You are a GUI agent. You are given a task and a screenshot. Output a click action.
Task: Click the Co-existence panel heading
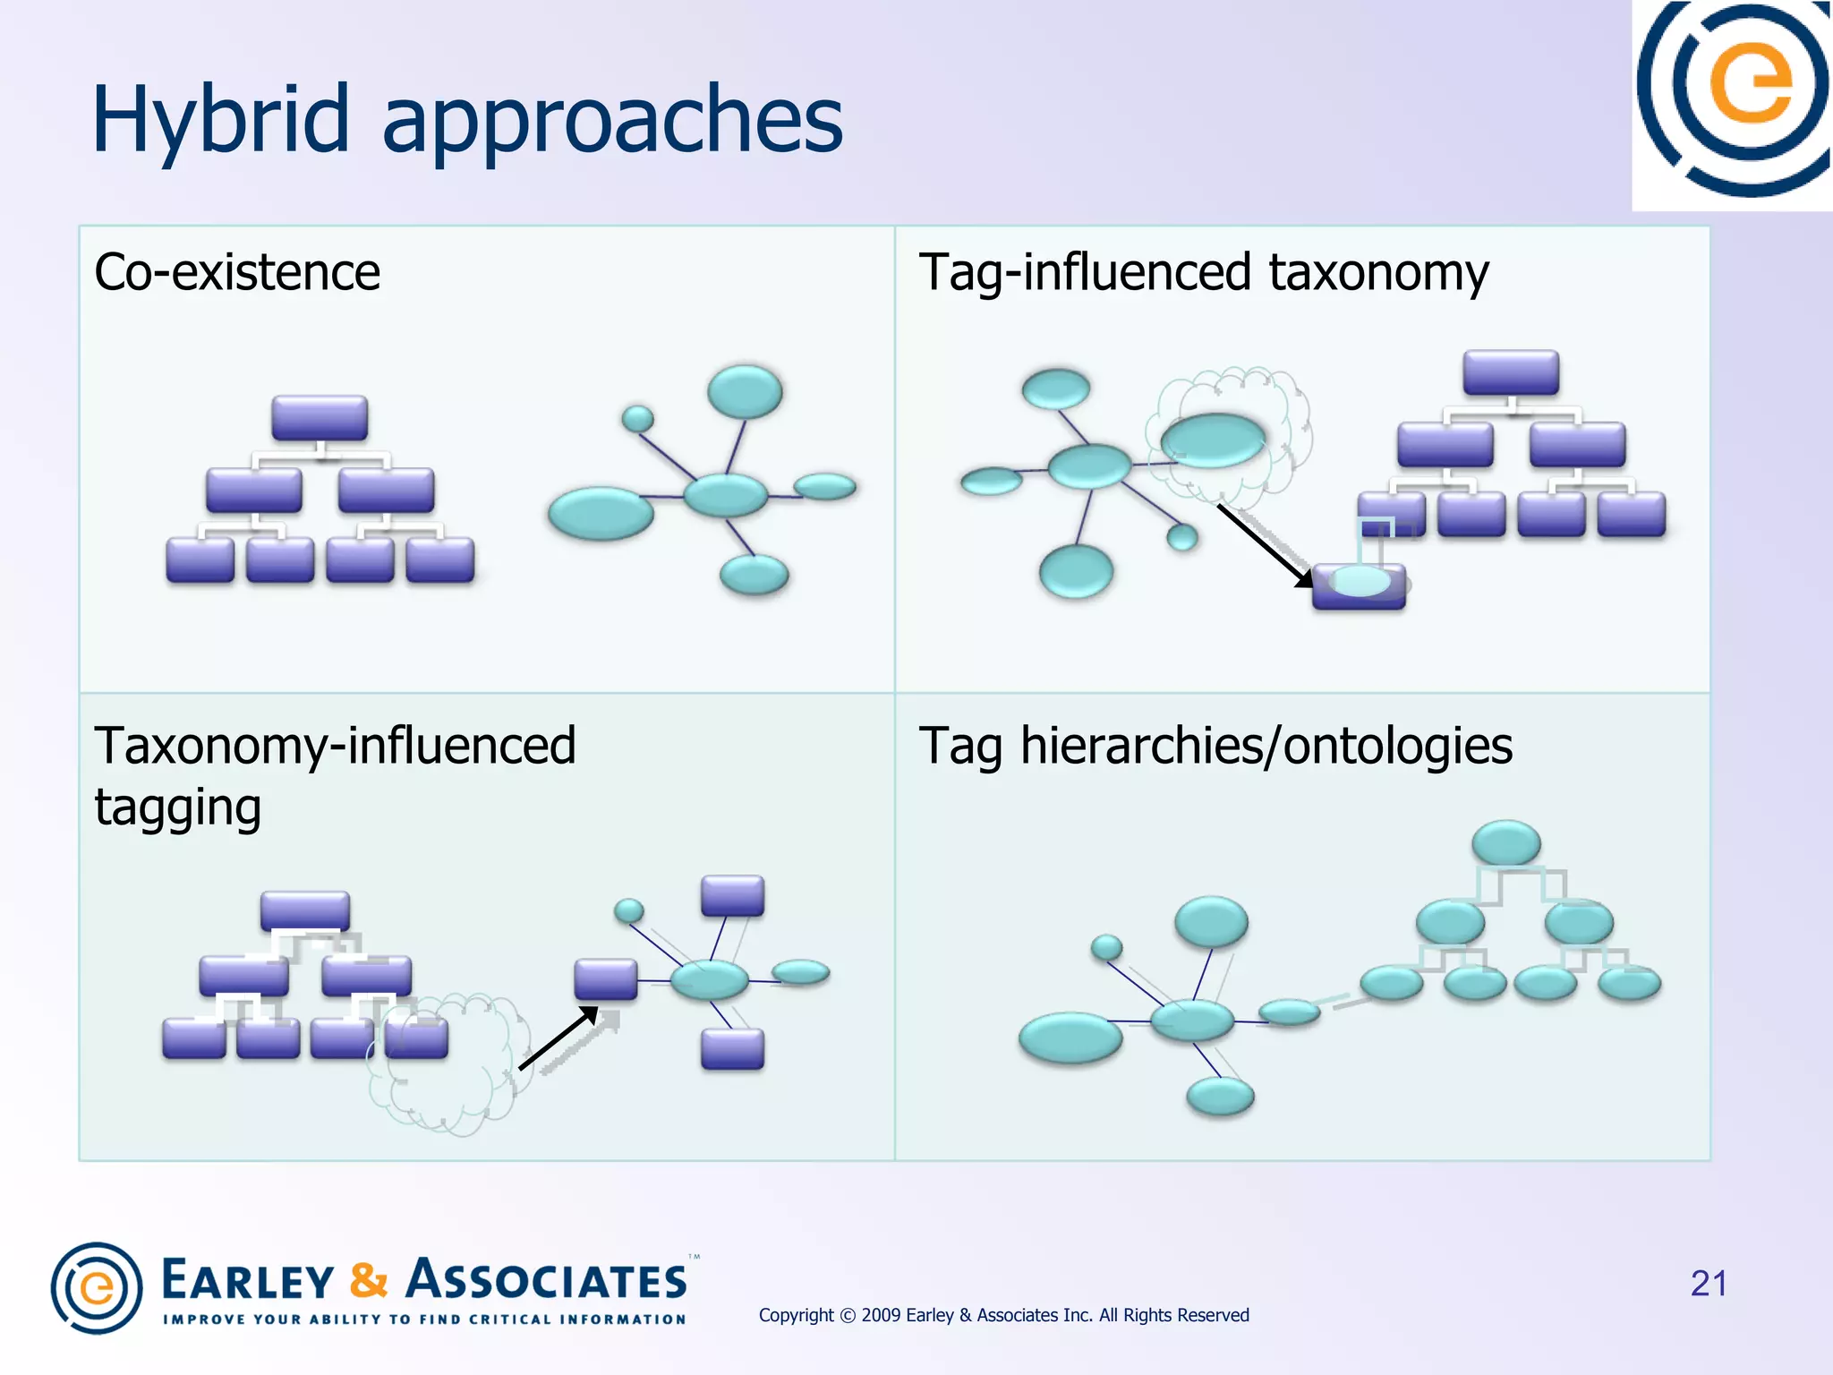point(237,272)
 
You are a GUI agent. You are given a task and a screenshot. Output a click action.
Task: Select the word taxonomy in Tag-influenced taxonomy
point(1378,272)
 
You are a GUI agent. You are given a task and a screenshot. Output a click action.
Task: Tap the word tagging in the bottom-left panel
point(177,807)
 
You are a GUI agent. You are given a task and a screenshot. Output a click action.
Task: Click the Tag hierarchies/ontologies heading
point(1215,746)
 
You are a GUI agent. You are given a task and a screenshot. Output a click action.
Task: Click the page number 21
point(1708,1283)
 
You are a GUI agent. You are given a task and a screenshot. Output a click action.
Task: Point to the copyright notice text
point(1003,1315)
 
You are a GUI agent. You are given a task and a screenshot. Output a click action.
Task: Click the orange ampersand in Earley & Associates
point(369,1279)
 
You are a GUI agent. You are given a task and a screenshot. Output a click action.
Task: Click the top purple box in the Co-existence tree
point(320,418)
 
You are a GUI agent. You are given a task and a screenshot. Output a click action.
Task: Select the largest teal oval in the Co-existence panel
point(601,513)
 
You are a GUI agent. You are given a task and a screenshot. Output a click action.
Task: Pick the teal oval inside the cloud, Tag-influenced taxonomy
point(1213,440)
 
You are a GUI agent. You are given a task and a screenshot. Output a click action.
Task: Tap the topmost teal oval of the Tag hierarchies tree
point(1506,843)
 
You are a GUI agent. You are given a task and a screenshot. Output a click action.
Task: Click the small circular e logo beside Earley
point(97,1288)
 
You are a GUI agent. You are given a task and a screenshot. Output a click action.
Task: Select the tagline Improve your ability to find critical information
point(424,1319)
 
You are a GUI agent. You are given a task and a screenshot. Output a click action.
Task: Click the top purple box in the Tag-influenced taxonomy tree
point(1511,373)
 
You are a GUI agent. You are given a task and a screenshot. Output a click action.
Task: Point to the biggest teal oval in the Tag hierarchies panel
point(1070,1038)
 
